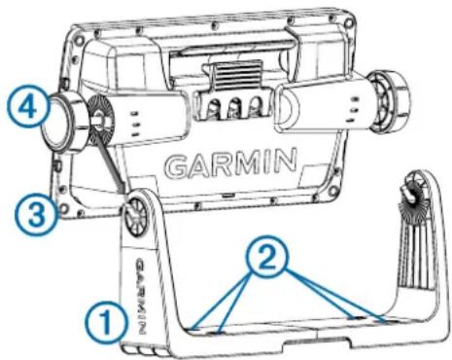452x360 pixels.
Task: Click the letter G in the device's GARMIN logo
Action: tap(178, 166)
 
